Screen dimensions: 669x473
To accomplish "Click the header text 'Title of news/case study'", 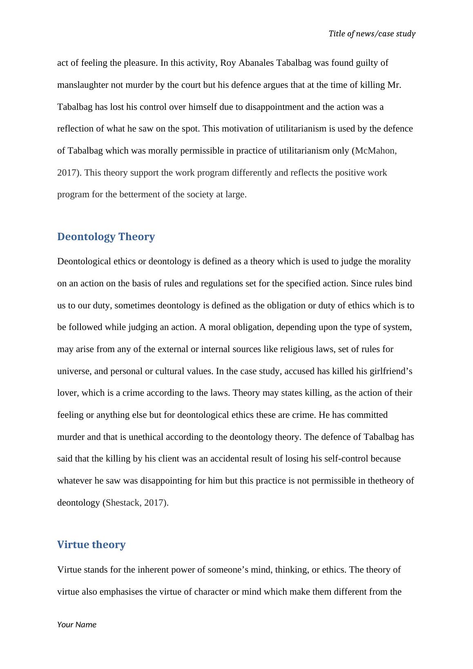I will pos(372,34).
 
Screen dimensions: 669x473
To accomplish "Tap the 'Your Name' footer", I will pos(77,624).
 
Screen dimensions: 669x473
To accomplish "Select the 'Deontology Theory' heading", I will pos(106,237).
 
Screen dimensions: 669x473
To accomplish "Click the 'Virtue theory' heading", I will pos(91,545).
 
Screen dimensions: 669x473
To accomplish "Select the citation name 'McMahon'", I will pos(375,151).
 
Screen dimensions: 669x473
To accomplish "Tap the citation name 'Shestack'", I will pos(123,503).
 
